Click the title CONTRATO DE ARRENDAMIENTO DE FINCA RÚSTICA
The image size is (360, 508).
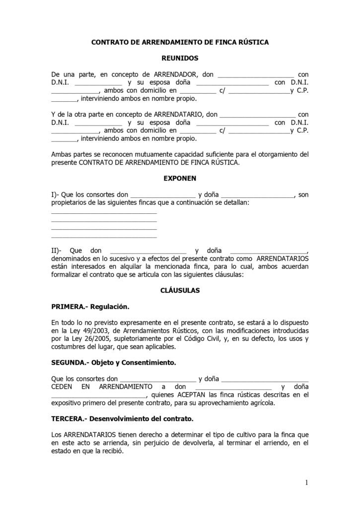click(x=180, y=43)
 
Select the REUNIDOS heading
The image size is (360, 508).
click(x=180, y=59)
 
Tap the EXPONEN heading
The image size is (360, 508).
click(x=180, y=178)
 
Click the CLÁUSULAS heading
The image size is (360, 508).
click(x=180, y=290)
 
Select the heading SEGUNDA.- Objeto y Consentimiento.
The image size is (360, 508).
click(x=113, y=363)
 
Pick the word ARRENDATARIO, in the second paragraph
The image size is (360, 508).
click(x=179, y=115)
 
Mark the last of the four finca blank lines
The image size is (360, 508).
click(x=104, y=237)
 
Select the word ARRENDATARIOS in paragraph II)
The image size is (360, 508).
click(x=282, y=258)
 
